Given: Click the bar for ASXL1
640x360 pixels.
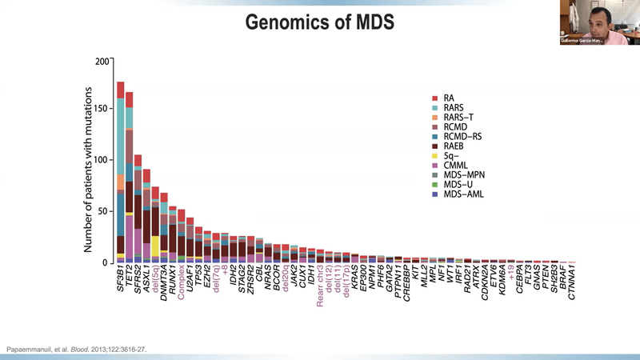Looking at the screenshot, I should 146,216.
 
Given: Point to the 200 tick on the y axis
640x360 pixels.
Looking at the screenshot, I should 101,61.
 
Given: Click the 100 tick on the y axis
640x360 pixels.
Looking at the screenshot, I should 101,160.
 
